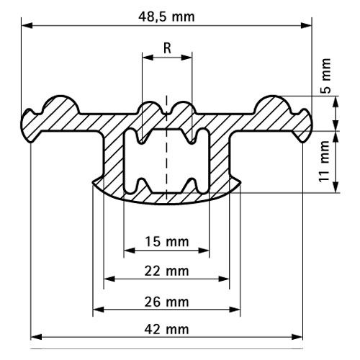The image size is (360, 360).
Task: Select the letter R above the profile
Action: click(x=167, y=48)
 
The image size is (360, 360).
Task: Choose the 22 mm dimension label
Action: click(x=166, y=271)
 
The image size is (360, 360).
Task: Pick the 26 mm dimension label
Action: click(x=166, y=300)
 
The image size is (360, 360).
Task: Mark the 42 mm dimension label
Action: click(x=166, y=329)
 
